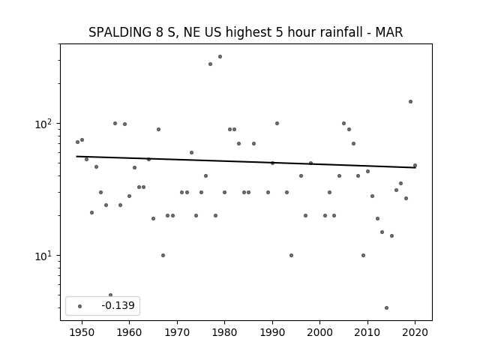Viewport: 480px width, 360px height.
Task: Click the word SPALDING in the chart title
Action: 120,32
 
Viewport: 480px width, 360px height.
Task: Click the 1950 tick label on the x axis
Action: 82,332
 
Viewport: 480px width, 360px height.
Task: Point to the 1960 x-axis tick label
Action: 129,332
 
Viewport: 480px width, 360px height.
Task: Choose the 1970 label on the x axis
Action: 177,332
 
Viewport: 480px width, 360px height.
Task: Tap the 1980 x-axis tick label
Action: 224,332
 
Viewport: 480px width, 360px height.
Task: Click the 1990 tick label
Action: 272,332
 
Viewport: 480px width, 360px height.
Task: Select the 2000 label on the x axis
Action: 319,332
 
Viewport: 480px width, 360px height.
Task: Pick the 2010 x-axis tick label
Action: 367,332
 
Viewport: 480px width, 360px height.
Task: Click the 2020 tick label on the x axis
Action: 415,332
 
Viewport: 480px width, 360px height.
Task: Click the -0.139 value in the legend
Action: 118,305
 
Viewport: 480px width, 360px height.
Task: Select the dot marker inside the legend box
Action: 80,306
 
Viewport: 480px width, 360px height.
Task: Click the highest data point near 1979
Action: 220,57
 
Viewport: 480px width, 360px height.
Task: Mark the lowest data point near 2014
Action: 387,308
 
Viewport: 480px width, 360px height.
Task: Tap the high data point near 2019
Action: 410,102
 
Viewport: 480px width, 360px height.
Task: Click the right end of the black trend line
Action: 415,167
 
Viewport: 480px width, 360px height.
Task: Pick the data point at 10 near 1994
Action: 291,255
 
